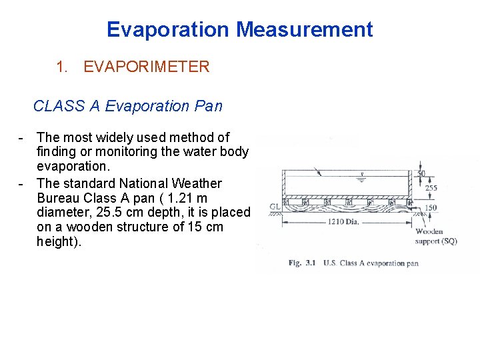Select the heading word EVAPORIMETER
(146, 67)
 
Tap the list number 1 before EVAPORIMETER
(62, 67)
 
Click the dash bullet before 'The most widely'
(22, 137)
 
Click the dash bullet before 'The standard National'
(22, 183)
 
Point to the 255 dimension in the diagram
(431, 188)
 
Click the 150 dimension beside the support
(432, 208)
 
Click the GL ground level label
(274, 207)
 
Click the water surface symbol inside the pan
(361, 178)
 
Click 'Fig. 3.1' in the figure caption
(303, 263)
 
